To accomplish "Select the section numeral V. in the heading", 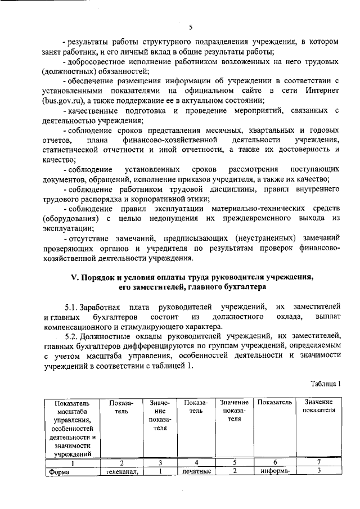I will click(x=73, y=277).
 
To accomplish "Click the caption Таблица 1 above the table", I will click(x=326, y=384).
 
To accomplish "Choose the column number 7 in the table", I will click(x=318, y=462).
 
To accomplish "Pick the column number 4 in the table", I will click(x=195, y=462).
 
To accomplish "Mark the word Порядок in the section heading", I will click(x=99, y=277).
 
